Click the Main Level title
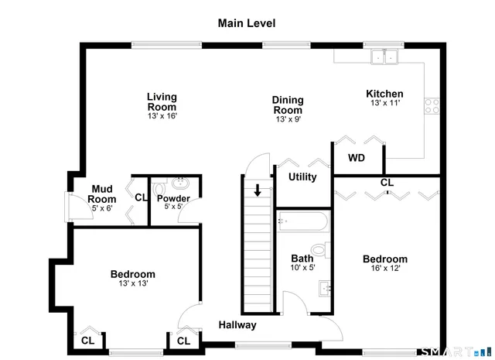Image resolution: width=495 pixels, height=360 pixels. pyautogui.click(x=246, y=24)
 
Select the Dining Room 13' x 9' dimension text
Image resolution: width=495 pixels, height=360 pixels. pyautogui.click(x=287, y=119)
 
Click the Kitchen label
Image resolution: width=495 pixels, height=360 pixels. pyautogui.click(x=384, y=94)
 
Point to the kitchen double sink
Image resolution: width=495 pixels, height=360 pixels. pyautogui.click(x=382, y=57)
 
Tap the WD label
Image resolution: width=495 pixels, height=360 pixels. pyautogui.click(x=356, y=158)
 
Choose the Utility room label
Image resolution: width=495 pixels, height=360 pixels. pyautogui.click(x=302, y=177)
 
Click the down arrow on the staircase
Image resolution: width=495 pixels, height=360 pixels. pyautogui.click(x=258, y=190)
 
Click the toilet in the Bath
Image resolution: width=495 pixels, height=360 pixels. pyautogui.click(x=326, y=249)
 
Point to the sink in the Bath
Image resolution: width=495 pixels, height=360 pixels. pyautogui.click(x=326, y=289)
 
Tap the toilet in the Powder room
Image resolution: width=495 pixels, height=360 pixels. pyautogui.click(x=159, y=187)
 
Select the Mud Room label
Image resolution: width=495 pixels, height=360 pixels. pyautogui.click(x=103, y=194)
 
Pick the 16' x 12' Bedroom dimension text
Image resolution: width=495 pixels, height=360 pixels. pyautogui.click(x=384, y=269)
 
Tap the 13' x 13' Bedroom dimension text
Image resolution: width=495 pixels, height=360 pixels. pyautogui.click(x=132, y=283)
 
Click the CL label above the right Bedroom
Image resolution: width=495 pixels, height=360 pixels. pyautogui.click(x=387, y=183)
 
